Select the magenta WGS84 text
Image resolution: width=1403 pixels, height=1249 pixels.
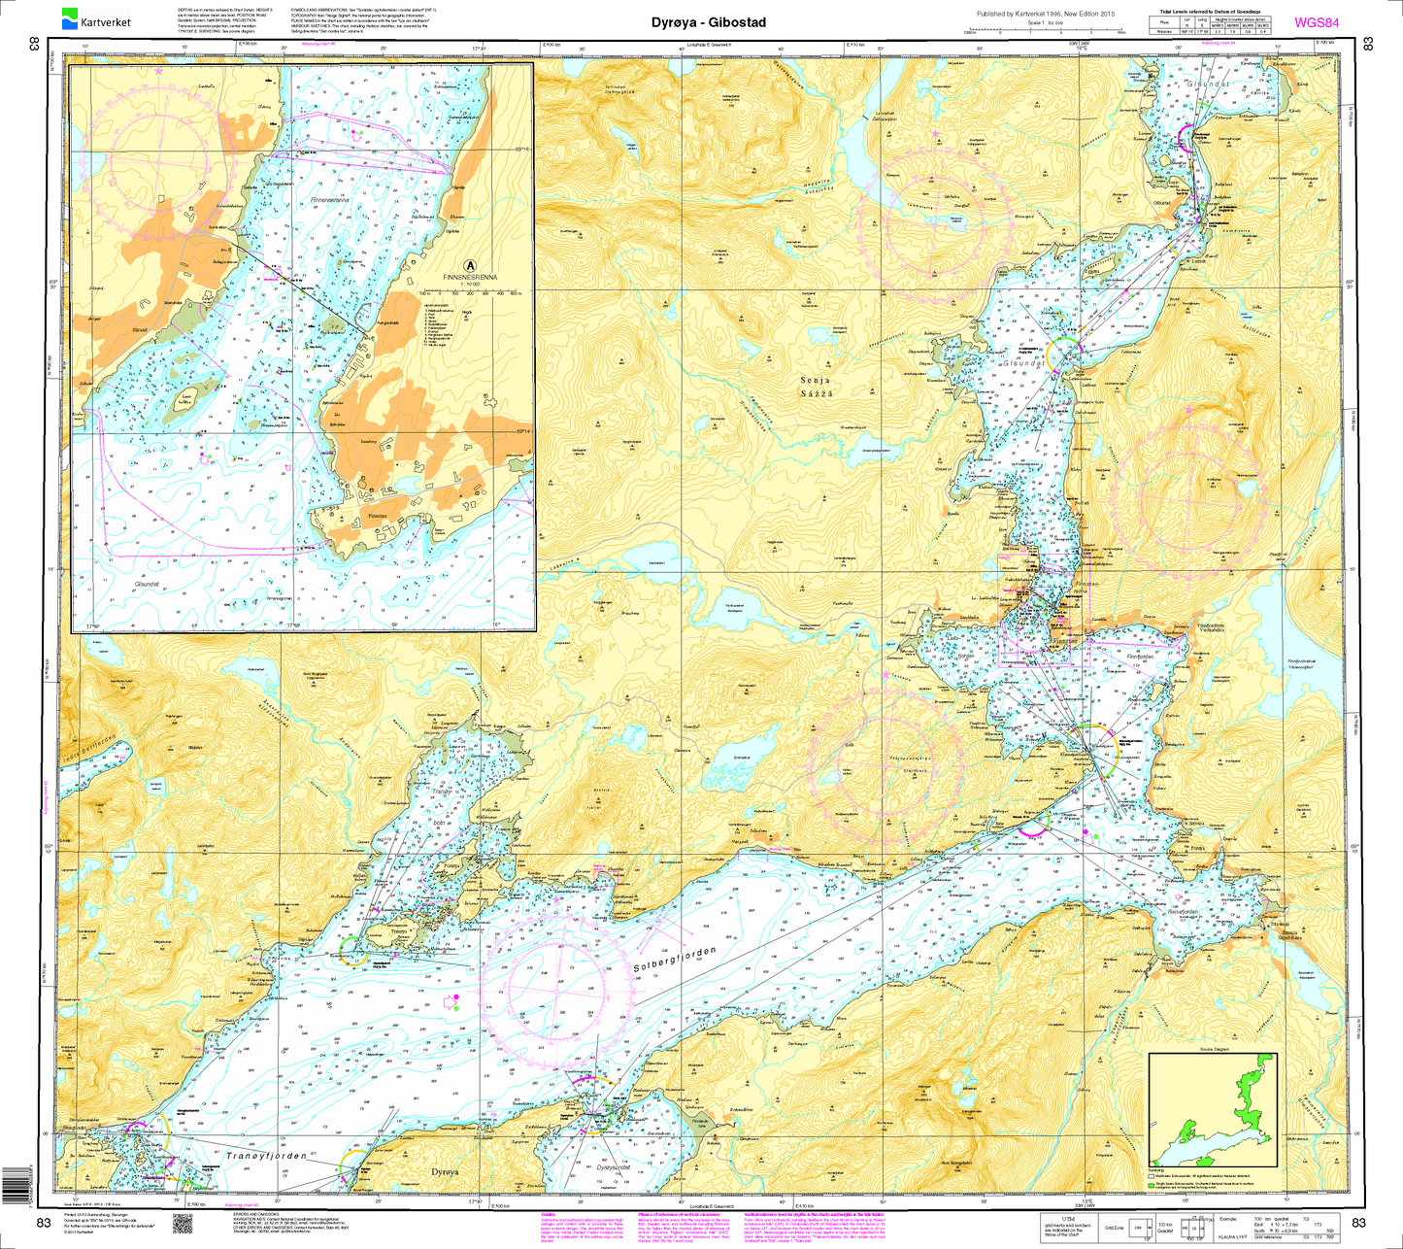click(x=1320, y=22)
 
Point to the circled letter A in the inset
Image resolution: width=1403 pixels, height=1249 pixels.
click(x=470, y=264)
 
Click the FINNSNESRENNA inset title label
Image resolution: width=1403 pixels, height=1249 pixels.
click(x=470, y=277)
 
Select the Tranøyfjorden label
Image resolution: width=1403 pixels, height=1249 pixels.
click(x=266, y=1157)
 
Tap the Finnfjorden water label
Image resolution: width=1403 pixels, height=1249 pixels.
click(x=1142, y=658)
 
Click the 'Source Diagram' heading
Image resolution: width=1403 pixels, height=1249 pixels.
click(x=1214, y=1050)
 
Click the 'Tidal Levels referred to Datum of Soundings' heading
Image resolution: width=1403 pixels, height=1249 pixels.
click(x=1211, y=10)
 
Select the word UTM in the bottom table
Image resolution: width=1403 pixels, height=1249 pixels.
click(x=1068, y=1216)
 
